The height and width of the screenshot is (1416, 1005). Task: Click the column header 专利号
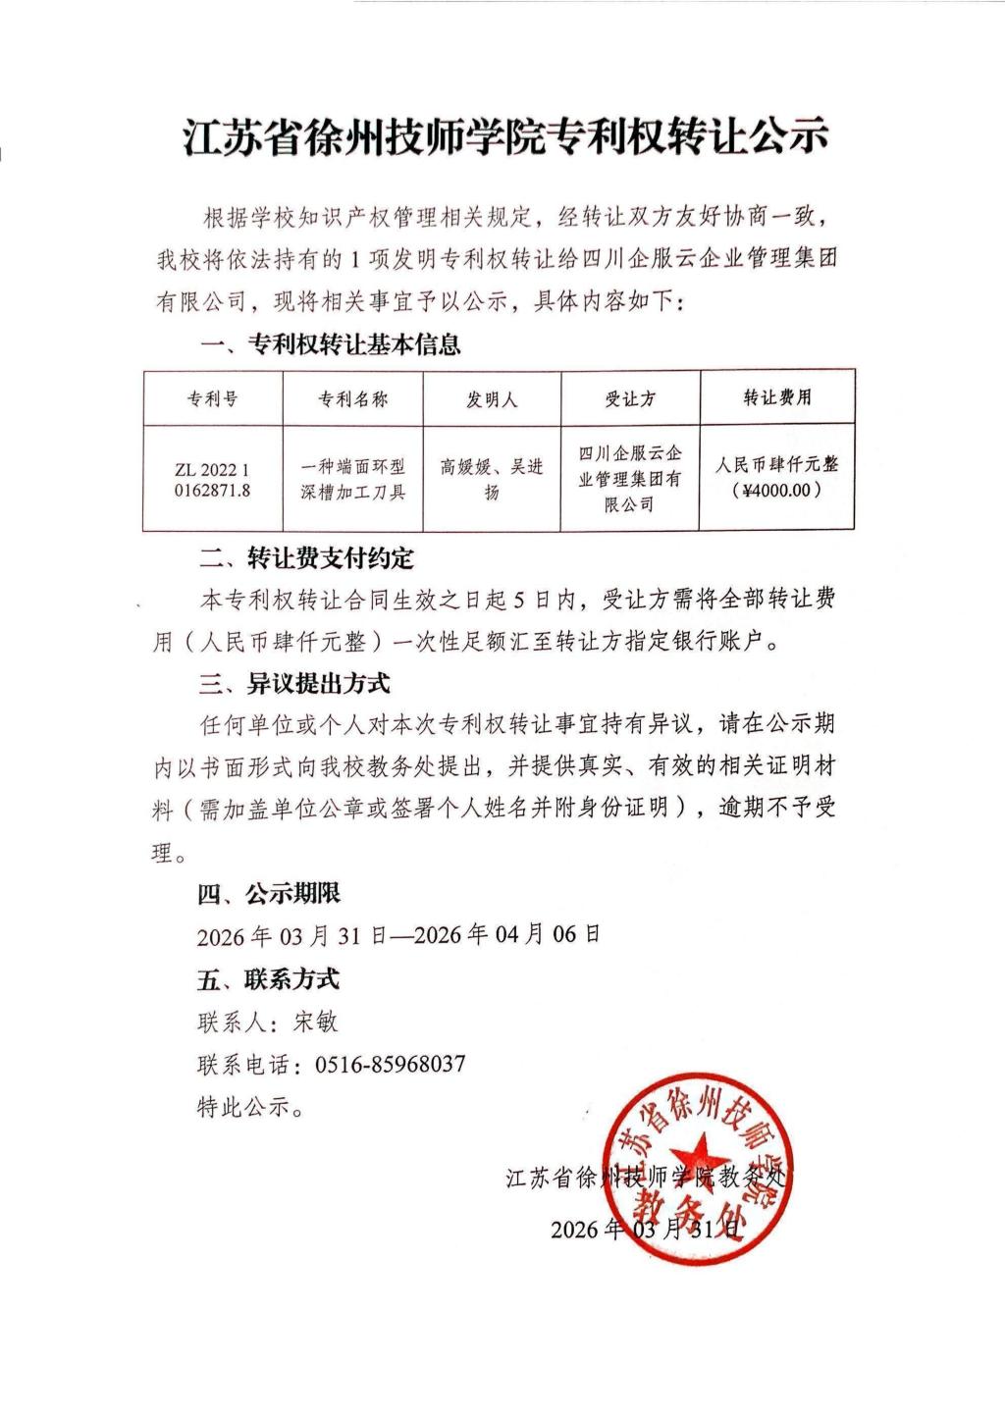(x=212, y=399)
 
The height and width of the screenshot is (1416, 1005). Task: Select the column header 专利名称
(x=352, y=399)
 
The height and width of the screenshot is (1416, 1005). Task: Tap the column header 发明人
(x=492, y=399)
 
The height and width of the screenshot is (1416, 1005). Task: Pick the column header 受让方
(x=629, y=399)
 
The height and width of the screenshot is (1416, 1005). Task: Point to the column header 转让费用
(x=777, y=397)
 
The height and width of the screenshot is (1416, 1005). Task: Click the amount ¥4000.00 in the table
(x=777, y=490)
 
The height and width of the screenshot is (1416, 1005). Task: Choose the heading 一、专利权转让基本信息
(x=330, y=345)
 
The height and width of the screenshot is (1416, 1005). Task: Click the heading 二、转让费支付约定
(x=306, y=558)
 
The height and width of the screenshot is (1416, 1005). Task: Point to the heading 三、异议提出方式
(x=294, y=681)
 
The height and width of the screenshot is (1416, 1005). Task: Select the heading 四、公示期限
(x=269, y=894)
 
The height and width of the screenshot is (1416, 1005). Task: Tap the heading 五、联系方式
(x=269, y=979)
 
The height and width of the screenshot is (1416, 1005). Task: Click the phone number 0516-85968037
(x=390, y=1065)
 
